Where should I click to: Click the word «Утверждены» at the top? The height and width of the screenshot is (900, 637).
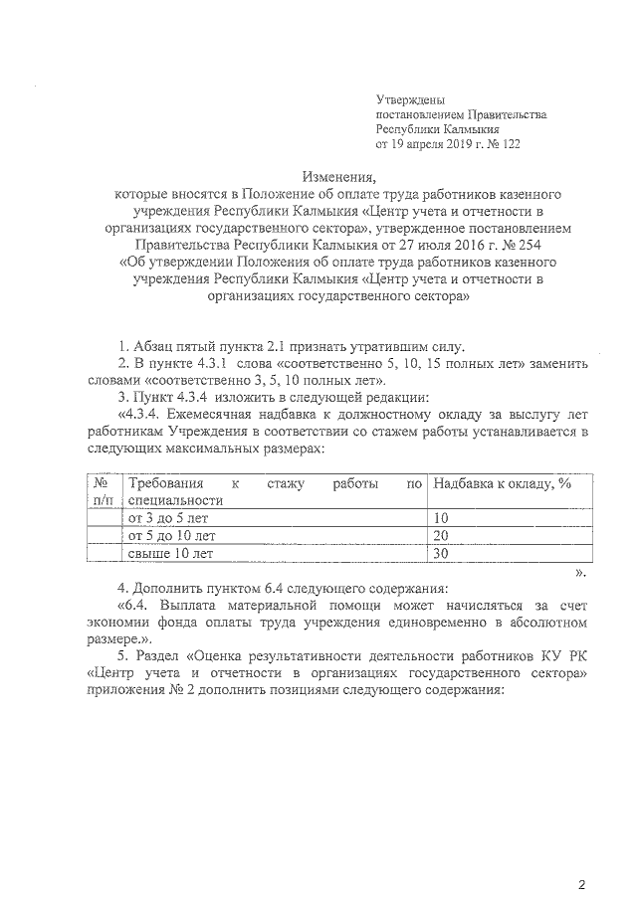click(x=410, y=100)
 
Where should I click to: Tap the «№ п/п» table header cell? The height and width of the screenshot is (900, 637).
click(x=102, y=490)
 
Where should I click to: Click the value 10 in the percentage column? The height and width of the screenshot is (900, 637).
click(x=442, y=518)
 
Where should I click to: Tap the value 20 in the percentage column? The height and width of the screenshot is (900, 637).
click(x=442, y=535)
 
